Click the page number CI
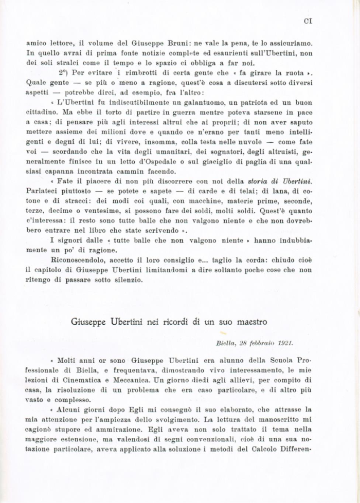[x=309, y=22]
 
